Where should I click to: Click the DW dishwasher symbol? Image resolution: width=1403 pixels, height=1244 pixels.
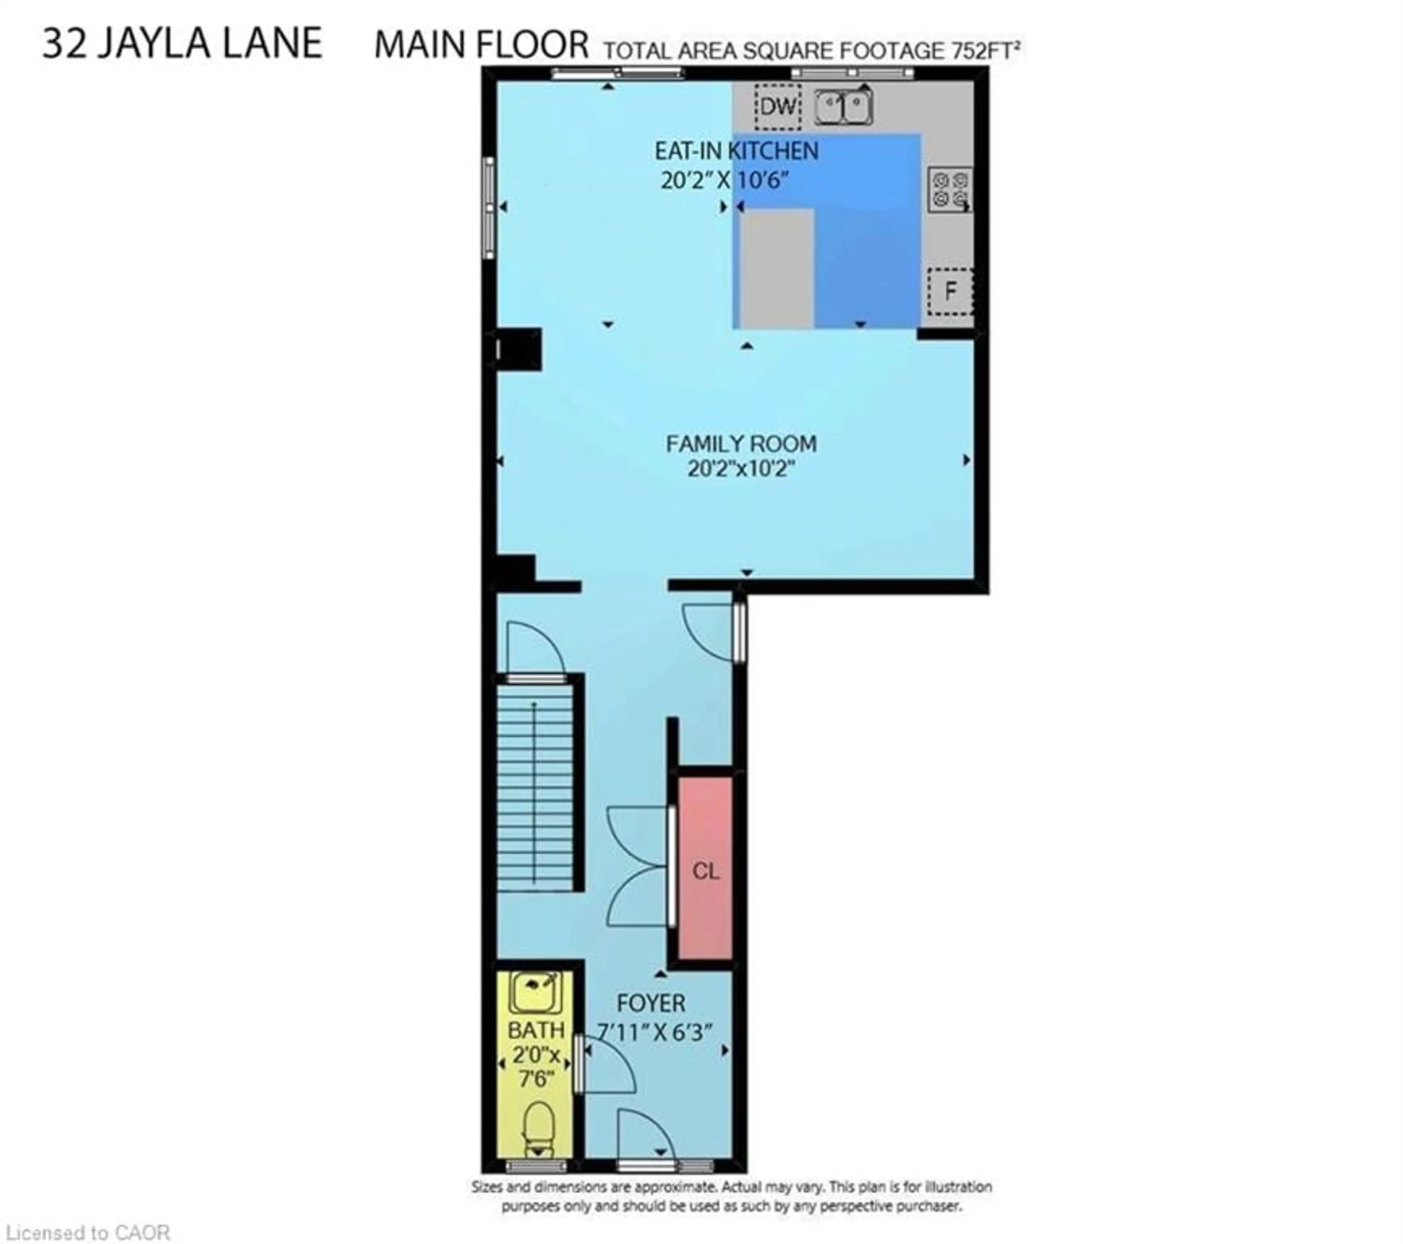[778, 106]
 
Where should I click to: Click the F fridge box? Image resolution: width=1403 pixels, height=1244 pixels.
[950, 291]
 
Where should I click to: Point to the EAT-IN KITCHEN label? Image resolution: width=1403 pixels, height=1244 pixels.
[736, 151]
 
